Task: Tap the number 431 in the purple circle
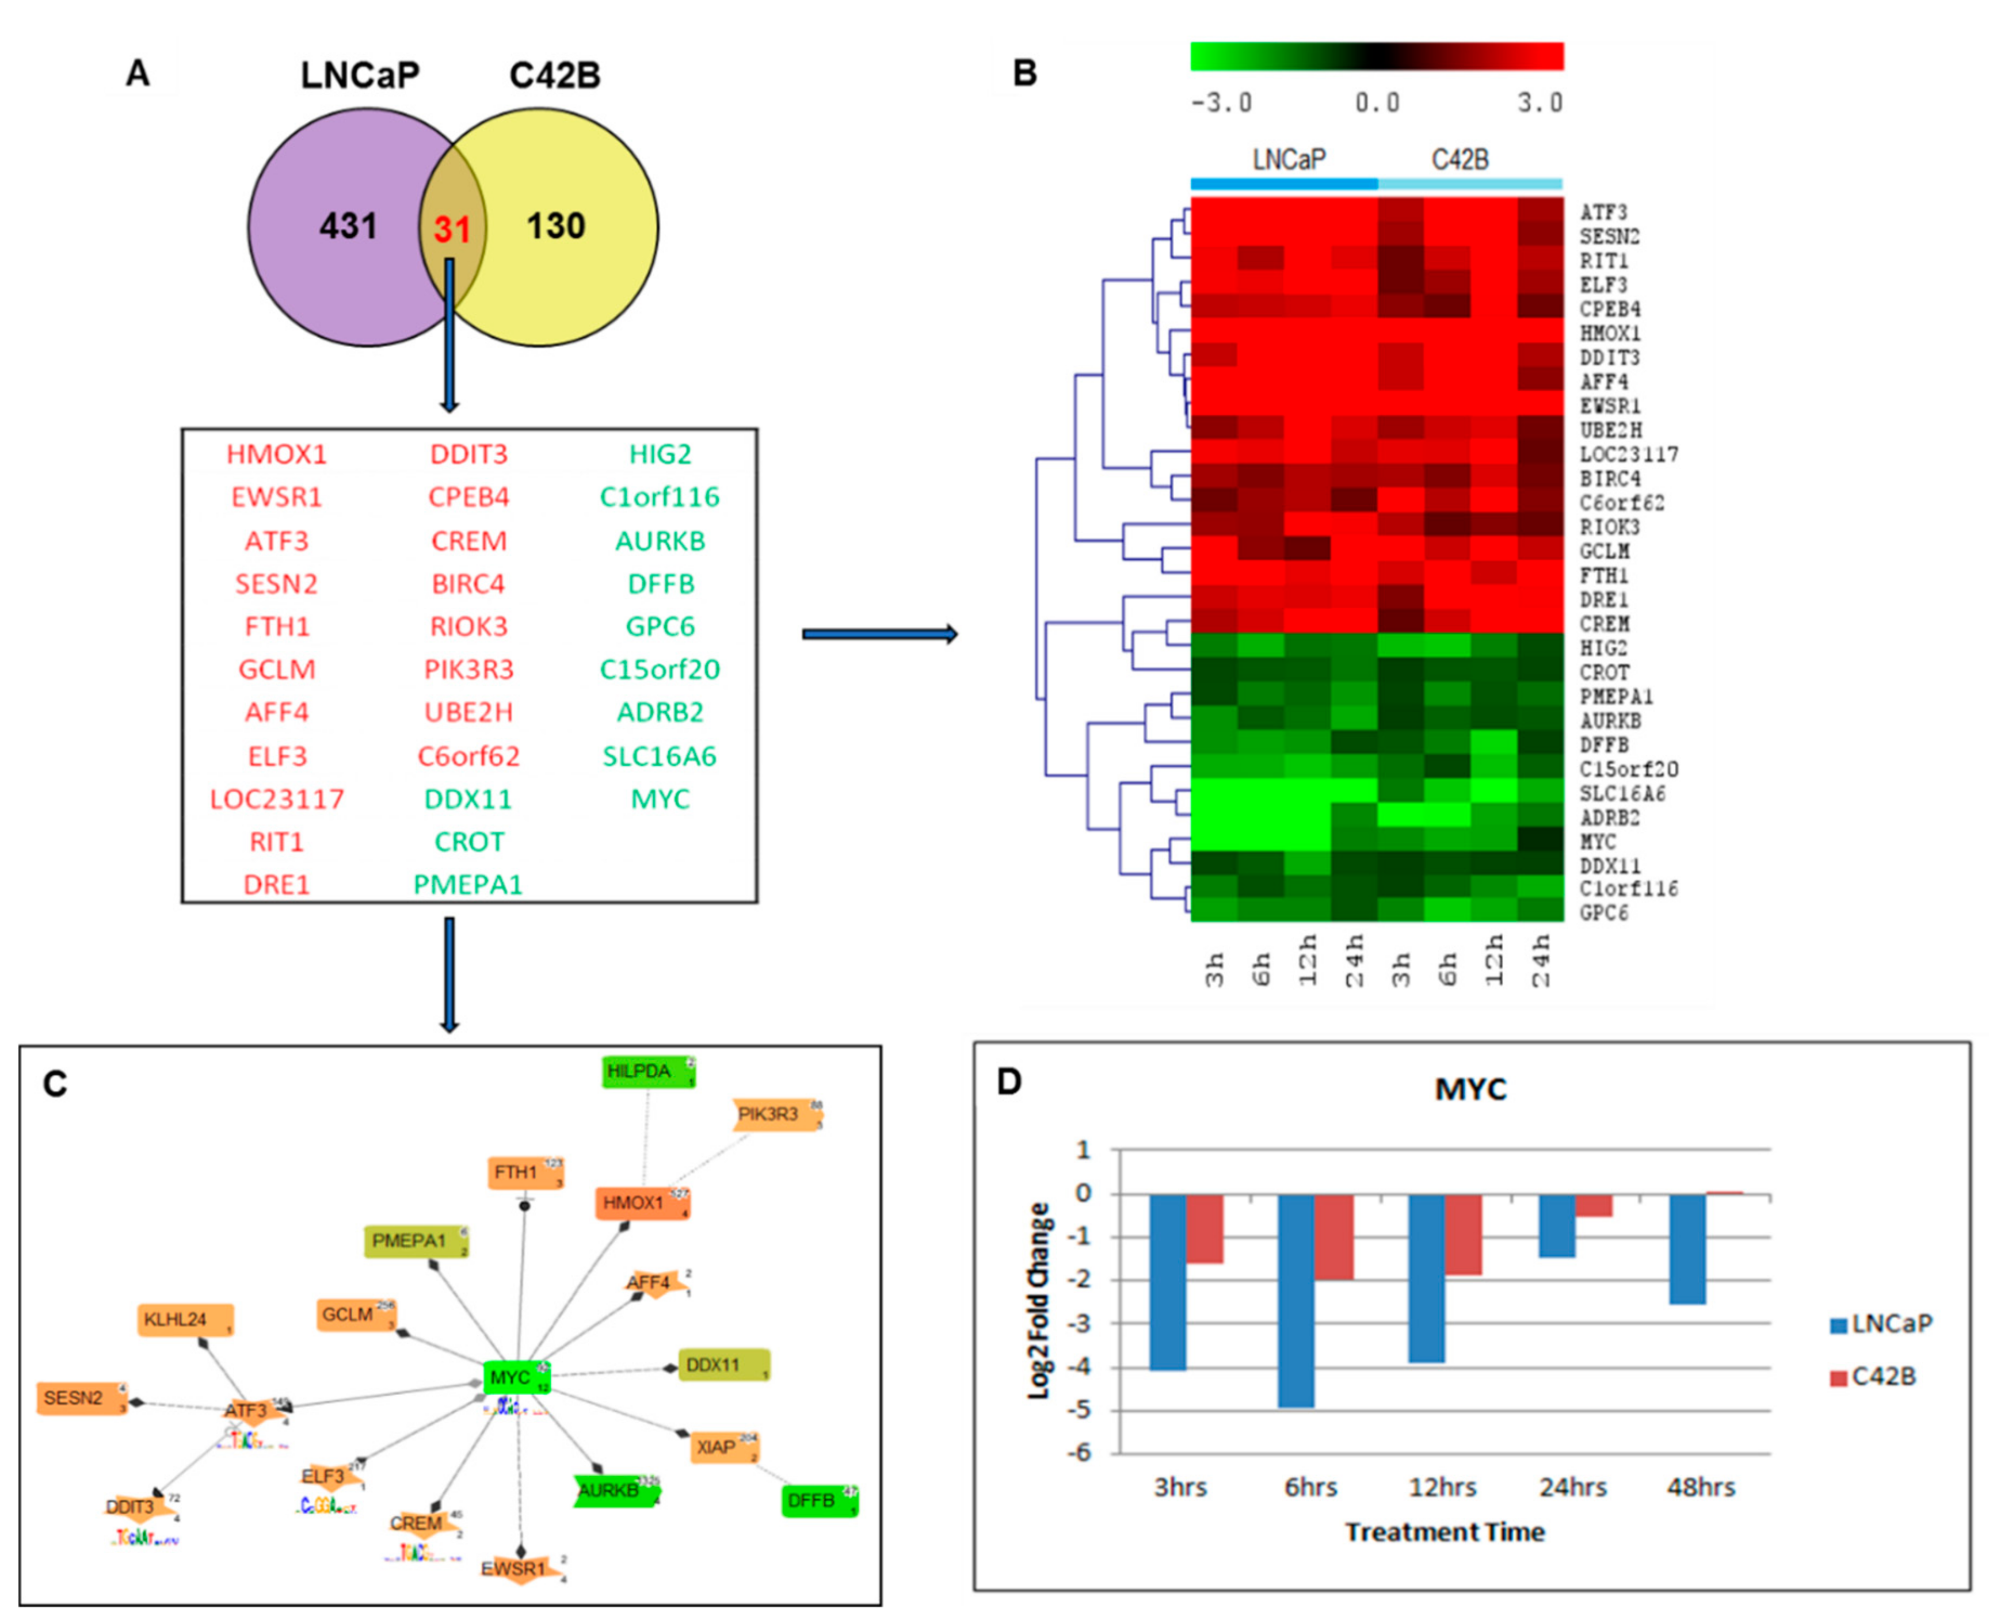(x=348, y=226)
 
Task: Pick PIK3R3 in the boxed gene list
(x=468, y=669)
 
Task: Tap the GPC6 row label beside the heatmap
(x=1603, y=912)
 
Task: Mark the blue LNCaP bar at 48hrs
(x=1687, y=1248)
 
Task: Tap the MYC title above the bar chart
(x=1470, y=1089)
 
